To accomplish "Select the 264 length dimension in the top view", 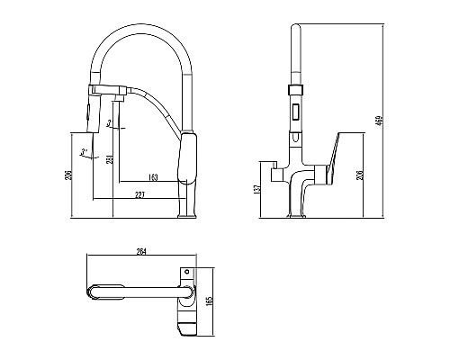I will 141,251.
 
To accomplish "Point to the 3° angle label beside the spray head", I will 109,121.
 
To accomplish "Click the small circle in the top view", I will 187,270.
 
